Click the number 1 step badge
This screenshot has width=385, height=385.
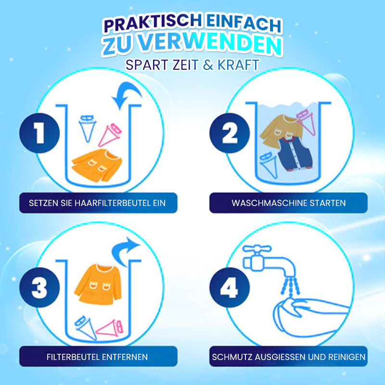(x=39, y=133)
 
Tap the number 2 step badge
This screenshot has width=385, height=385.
(x=230, y=133)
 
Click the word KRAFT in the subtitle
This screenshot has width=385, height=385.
(x=239, y=65)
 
